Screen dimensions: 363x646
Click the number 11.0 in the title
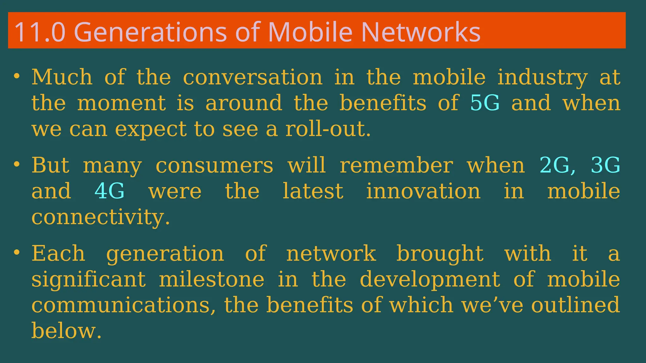40,32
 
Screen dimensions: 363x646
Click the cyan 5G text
485,103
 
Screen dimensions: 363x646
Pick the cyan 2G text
555,165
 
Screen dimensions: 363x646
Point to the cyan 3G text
605,165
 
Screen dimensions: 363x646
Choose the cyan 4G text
109,191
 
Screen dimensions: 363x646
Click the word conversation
253,77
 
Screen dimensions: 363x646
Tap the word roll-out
328,129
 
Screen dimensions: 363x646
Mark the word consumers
214,165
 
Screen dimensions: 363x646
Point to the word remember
396,165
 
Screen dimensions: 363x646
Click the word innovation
423,191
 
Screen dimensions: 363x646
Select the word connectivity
101,217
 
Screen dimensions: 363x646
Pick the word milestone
211,279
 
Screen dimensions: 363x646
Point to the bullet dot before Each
17,252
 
